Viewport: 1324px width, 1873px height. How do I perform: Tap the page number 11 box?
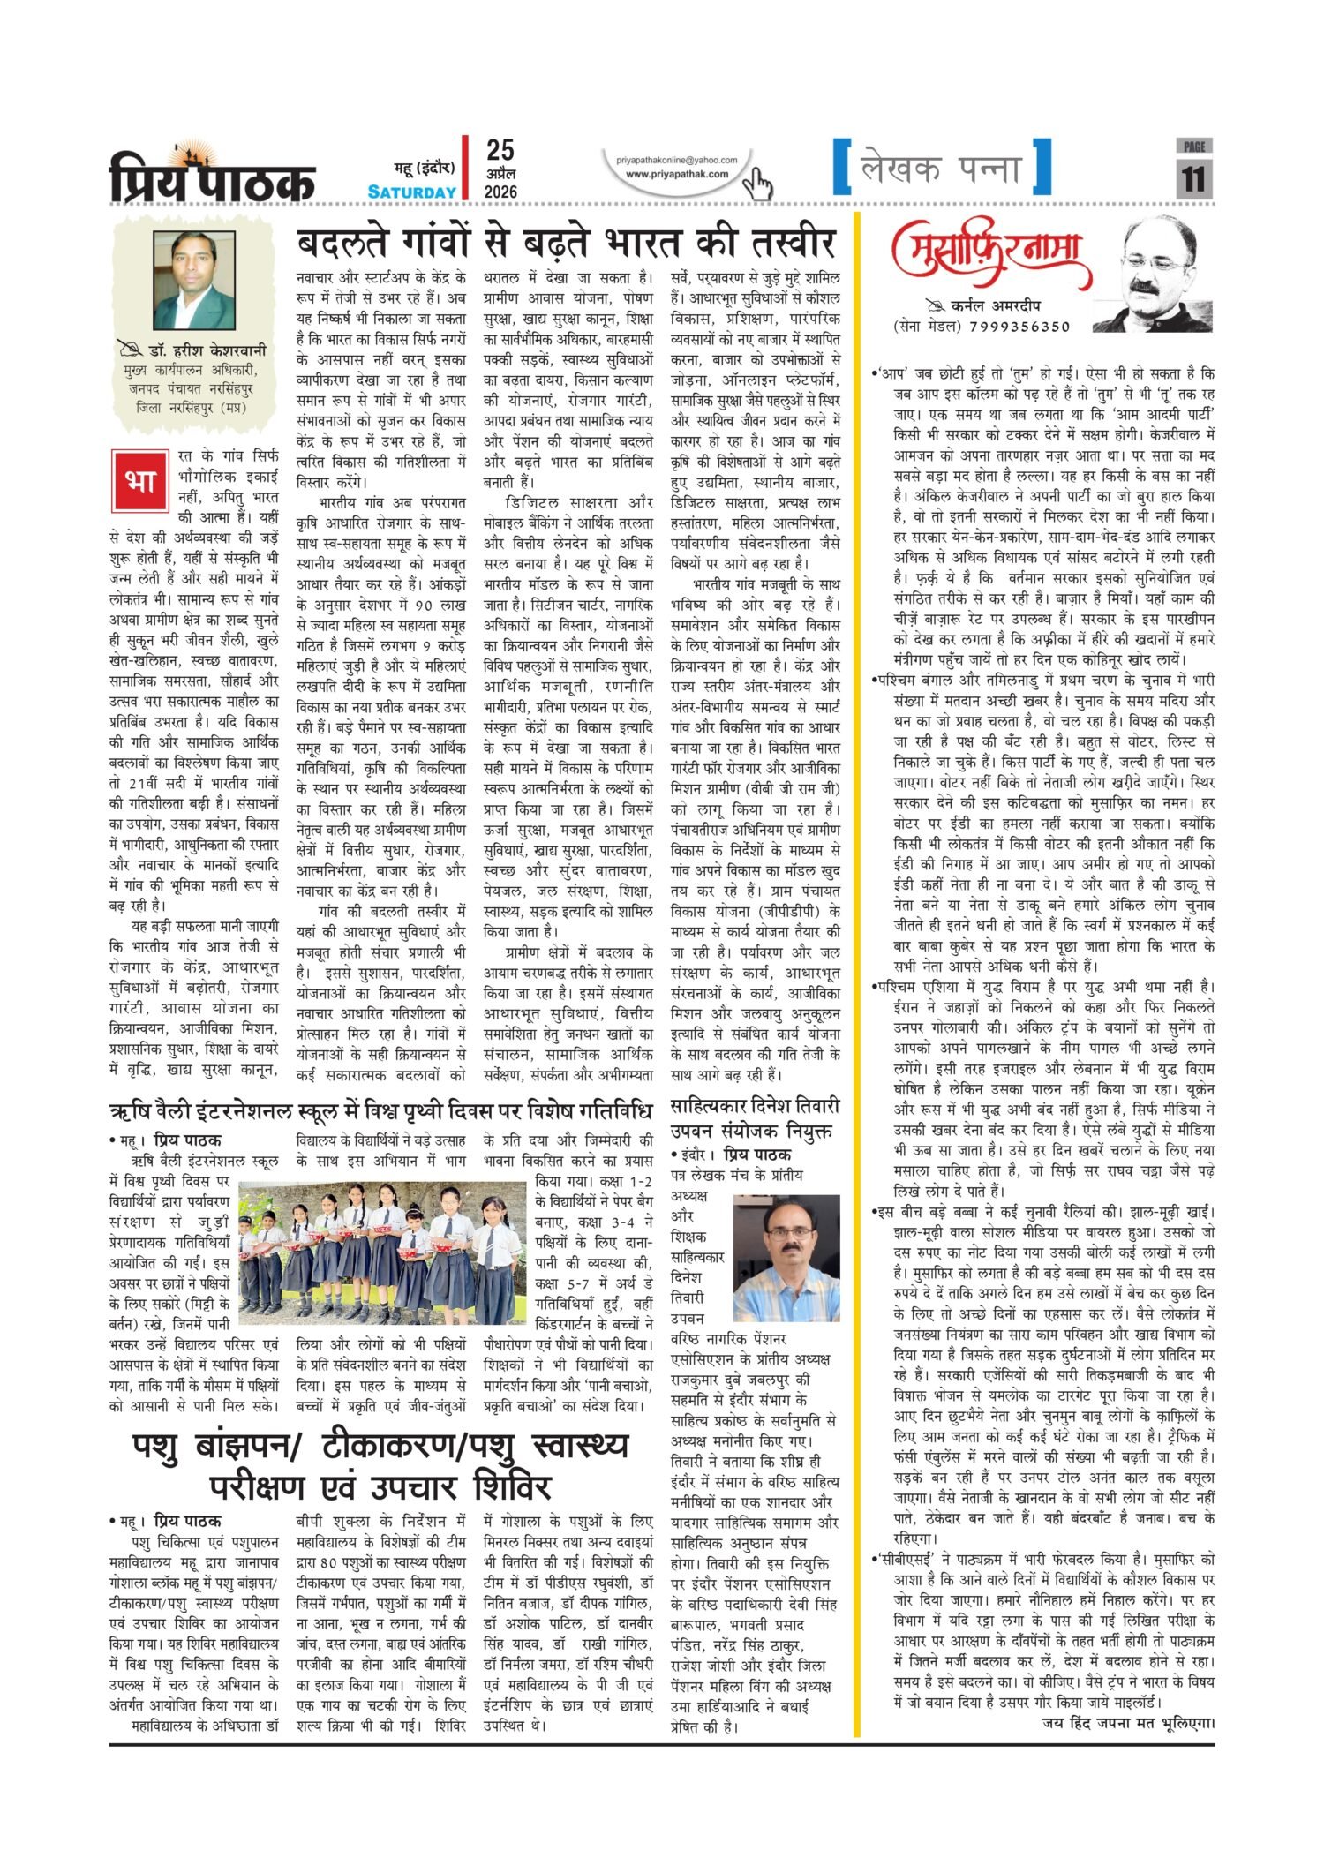(1193, 176)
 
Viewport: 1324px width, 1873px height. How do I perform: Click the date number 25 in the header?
(500, 150)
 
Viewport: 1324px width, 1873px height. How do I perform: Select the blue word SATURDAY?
(412, 192)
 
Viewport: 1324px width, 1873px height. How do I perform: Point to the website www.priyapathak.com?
(677, 174)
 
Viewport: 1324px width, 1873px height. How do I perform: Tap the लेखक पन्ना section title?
(941, 168)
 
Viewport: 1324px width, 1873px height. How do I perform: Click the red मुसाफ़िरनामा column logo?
(991, 254)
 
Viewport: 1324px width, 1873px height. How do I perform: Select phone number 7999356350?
(1019, 327)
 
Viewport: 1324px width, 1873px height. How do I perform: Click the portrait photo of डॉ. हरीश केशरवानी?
(193, 281)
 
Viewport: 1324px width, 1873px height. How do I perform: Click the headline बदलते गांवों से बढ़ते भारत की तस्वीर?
(565, 243)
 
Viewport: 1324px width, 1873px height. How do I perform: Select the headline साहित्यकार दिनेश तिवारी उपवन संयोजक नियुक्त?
(755, 1117)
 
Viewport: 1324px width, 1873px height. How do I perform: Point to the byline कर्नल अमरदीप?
(996, 306)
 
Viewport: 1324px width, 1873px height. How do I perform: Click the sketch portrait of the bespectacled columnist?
(1157, 275)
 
